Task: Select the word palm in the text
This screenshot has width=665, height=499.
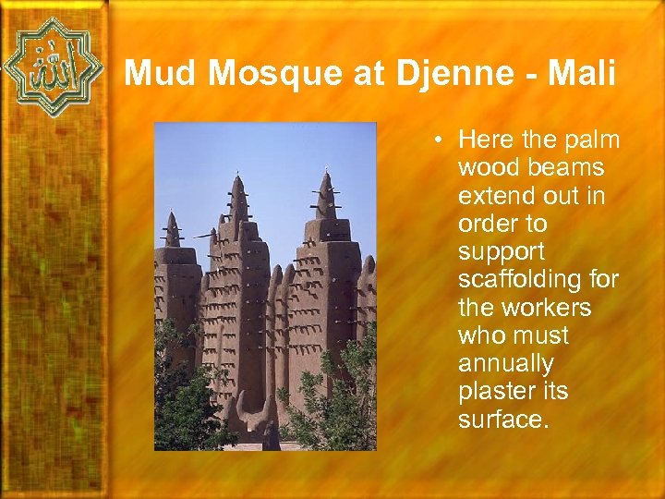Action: [x=592, y=140]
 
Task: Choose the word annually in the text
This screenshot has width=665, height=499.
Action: [x=505, y=364]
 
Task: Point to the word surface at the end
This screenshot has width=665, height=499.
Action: [x=503, y=420]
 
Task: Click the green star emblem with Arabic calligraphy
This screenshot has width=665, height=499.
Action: [x=53, y=67]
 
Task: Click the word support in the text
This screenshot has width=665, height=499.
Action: [x=501, y=252]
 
